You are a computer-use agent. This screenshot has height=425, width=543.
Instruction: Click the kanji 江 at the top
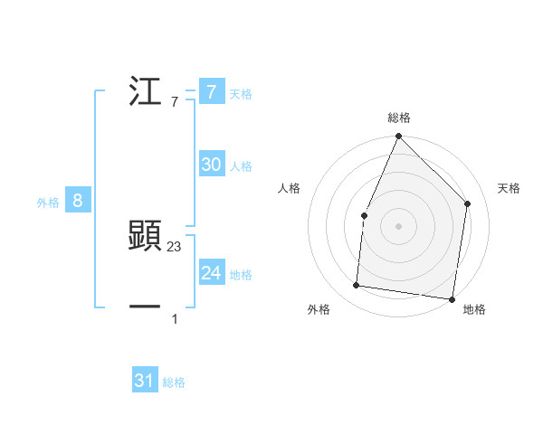145,92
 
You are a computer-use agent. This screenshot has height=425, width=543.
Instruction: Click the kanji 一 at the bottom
145,307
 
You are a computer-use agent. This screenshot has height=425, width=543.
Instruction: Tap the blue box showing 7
211,92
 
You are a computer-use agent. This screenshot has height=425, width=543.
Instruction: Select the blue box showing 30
211,165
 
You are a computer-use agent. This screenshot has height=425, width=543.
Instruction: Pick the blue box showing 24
211,274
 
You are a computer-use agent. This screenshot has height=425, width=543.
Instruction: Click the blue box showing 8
78,202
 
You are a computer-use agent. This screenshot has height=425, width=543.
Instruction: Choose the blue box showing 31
145,381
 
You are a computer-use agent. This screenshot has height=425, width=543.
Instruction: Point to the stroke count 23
175,246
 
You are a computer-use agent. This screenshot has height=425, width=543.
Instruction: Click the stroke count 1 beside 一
175,318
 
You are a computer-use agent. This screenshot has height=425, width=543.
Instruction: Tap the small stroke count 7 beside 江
175,102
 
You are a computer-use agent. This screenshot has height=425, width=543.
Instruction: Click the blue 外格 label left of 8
48,203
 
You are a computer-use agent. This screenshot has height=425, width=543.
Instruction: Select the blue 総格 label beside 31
174,382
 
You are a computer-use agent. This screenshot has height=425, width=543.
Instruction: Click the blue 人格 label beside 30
241,166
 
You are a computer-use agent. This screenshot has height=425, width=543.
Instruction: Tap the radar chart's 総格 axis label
398,118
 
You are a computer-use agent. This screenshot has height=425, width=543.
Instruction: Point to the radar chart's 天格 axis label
509,188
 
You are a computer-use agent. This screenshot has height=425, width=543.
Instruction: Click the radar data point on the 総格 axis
398,137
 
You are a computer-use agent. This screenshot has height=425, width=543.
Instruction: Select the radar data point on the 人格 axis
364,215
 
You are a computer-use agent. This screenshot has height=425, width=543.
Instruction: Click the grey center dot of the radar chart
398,225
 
